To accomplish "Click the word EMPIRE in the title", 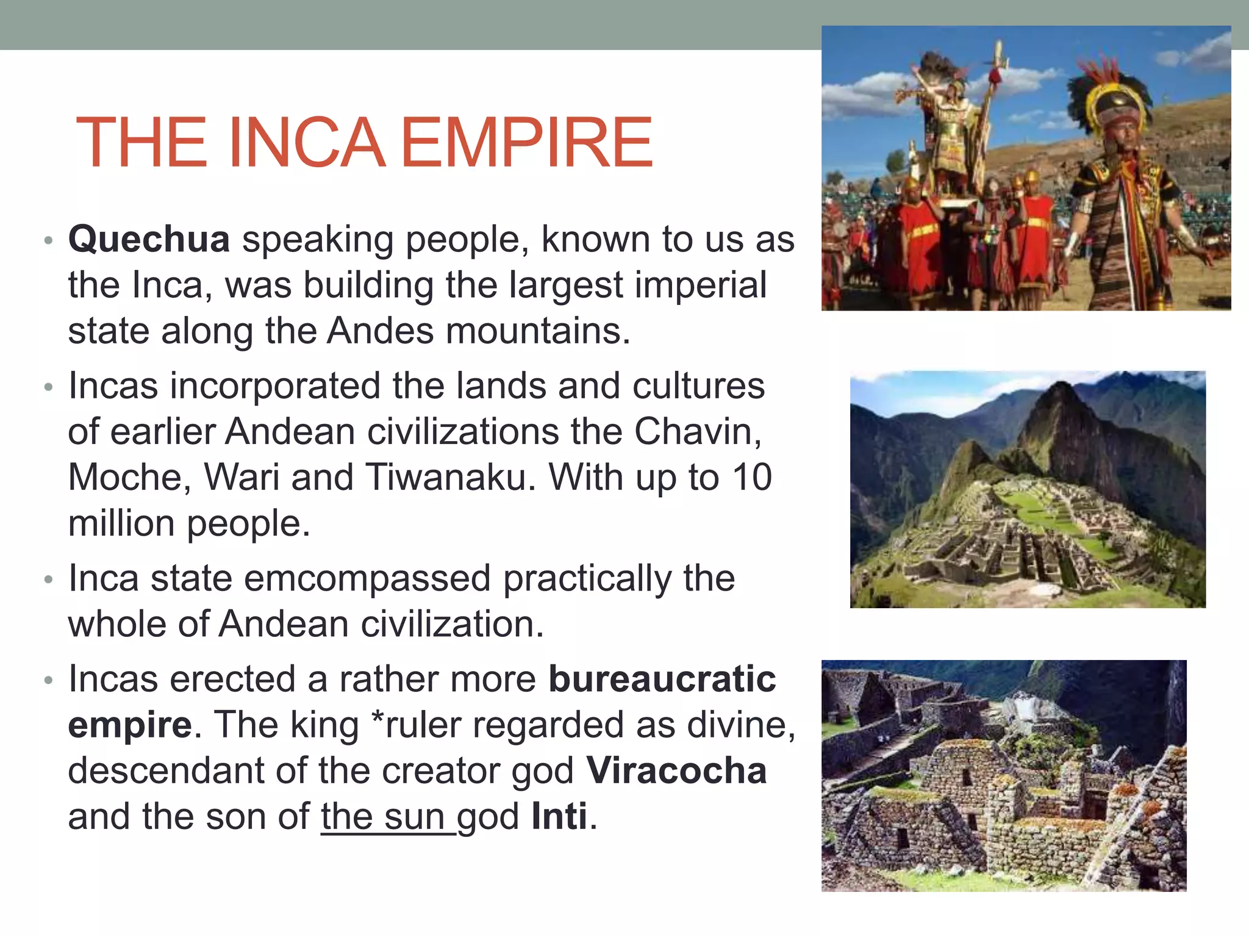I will (x=527, y=143).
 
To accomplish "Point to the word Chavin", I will (x=698, y=431).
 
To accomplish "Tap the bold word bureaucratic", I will (x=662, y=679).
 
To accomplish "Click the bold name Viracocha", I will (x=676, y=770).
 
